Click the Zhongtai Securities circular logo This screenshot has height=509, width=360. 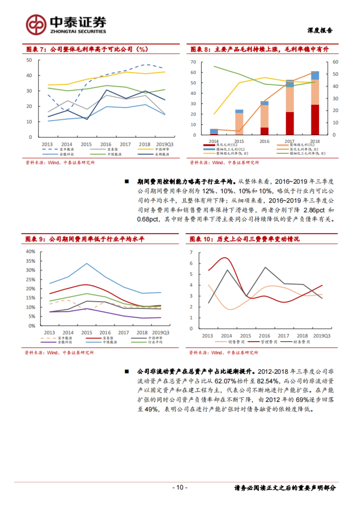(36, 25)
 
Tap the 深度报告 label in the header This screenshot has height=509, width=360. (320, 30)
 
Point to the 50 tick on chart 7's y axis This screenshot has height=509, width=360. (29, 60)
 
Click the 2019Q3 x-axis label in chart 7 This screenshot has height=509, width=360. (164, 144)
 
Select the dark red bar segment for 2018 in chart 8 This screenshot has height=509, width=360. (315, 120)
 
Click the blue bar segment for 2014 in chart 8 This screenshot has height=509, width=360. (214, 131)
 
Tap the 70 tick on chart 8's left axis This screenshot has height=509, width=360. (193, 62)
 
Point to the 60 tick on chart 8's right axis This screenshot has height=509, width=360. (335, 62)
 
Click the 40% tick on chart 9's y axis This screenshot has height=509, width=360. (31, 252)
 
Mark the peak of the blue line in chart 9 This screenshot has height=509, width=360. (87, 263)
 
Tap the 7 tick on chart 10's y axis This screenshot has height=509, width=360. (191, 252)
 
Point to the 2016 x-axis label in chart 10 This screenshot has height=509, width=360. (264, 336)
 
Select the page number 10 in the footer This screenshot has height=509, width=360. (180, 487)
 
